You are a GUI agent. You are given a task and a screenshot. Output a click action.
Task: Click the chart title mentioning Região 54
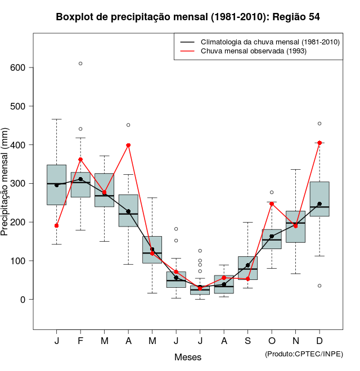point(188,17)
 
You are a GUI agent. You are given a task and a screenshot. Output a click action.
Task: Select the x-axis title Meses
point(188,357)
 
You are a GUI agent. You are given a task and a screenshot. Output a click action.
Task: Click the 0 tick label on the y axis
point(23,300)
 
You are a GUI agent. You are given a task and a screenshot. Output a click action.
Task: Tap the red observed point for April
point(128,145)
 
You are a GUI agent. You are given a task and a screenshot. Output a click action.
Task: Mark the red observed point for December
point(319,143)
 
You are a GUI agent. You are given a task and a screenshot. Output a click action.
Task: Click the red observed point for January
point(57,225)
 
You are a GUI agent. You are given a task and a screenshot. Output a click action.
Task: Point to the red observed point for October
point(272,203)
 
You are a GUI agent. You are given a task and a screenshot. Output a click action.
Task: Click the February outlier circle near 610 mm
point(80,64)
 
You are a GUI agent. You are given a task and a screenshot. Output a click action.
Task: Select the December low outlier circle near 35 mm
point(319,286)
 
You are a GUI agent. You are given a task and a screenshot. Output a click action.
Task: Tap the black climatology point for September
point(247,265)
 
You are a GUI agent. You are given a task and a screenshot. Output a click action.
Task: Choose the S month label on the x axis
point(247,341)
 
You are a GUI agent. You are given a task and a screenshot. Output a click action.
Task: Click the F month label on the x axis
point(80,341)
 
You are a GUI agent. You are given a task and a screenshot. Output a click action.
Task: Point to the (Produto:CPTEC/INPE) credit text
point(304,354)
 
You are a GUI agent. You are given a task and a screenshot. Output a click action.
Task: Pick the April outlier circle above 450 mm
point(128,125)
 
